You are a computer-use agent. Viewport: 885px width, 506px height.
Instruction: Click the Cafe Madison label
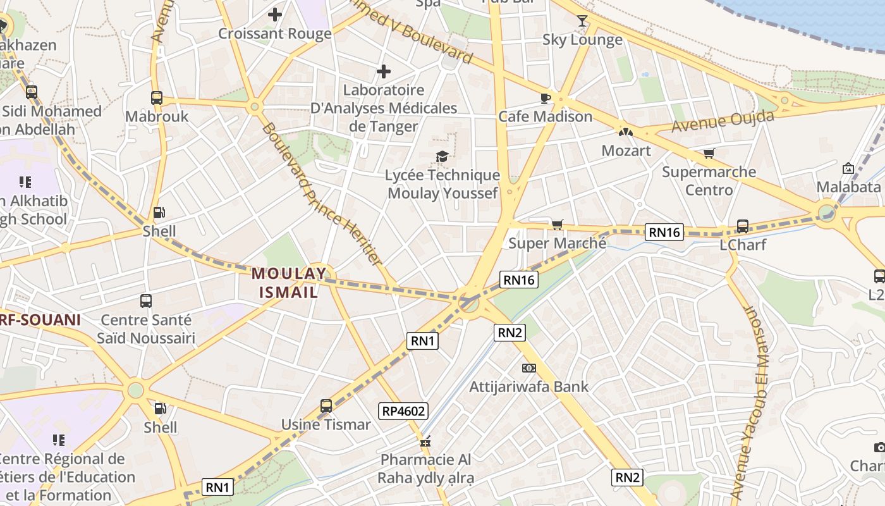click(545, 116)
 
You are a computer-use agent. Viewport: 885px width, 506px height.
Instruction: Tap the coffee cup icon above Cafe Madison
click(545, 97)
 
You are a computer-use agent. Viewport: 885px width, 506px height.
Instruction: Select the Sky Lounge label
click(582, 40)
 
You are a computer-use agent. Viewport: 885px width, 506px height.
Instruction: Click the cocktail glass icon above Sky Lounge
click(582, 21)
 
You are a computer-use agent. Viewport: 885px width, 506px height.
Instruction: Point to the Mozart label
click(626, 151)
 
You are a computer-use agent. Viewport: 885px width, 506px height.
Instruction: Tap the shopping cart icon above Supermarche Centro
click(709, 154)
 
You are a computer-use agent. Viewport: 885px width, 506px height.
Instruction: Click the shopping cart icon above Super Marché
click(557, 225)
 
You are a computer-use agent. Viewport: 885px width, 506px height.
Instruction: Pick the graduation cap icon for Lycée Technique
click(442, 156)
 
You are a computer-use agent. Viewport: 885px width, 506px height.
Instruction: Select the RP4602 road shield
click(404, 411)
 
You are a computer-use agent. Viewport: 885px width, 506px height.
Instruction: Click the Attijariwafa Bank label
click(528, 386)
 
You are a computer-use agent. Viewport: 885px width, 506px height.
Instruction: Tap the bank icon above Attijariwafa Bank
click(528, 367)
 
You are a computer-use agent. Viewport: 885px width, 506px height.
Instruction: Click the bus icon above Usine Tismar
click(326, 405)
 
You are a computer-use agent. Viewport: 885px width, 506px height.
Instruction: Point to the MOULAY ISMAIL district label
click(289, 283)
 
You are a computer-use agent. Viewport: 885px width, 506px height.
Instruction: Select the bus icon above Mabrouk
click(157, 97)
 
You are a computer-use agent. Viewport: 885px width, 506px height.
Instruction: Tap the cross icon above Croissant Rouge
click(275, 15)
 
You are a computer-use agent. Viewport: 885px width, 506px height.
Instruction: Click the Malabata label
click(848, 187)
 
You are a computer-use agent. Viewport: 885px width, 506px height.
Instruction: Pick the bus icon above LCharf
click(743, 226)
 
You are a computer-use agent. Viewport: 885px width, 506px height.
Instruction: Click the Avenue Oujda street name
click(723, 122)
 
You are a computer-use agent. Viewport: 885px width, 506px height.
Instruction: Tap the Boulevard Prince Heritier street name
click(322, 194)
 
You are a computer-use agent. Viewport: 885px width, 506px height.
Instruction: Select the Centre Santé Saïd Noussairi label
click(146, 329)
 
